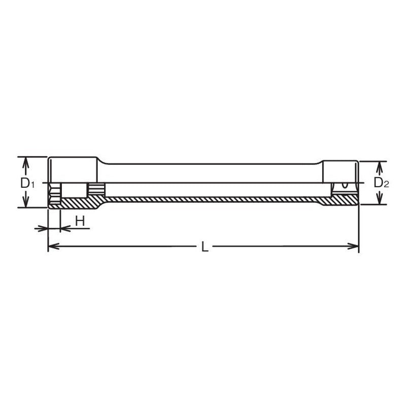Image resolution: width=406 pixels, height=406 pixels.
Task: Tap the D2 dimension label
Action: [380, 183]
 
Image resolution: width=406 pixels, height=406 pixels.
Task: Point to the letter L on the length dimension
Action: [204, 247]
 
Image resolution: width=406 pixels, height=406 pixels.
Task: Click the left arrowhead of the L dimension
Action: [52, 247]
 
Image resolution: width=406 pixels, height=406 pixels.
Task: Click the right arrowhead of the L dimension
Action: [355, 247]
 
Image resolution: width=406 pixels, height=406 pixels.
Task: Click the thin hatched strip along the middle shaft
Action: [213, 199]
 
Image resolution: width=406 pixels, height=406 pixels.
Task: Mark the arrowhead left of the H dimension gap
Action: [43, 229]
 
